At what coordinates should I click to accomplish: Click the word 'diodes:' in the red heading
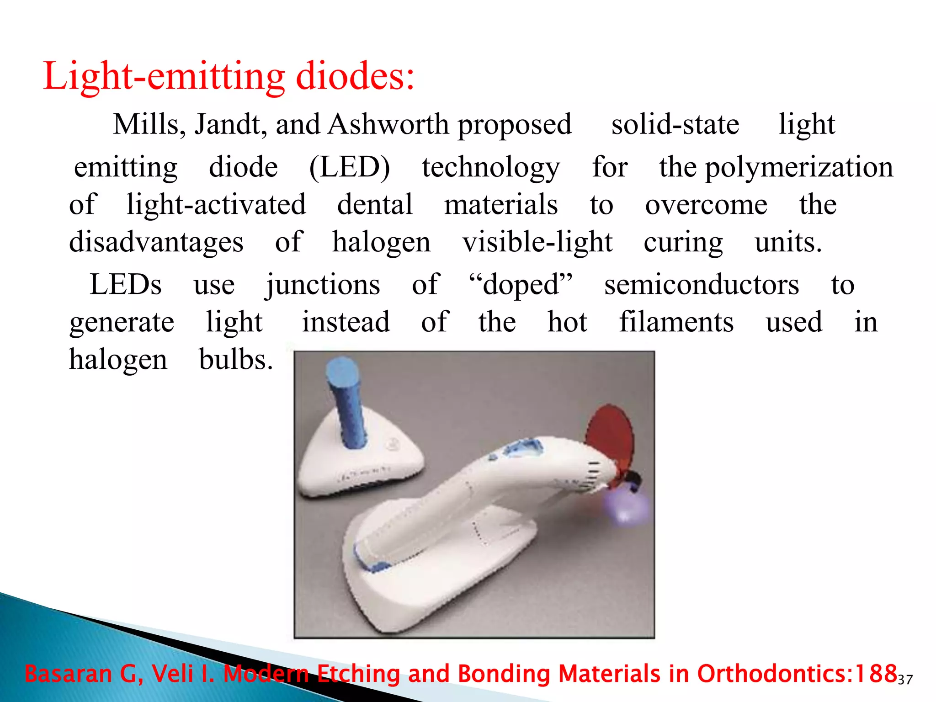coord(355,76)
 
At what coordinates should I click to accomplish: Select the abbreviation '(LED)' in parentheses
coord(350,167)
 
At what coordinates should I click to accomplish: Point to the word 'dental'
coord(375,204)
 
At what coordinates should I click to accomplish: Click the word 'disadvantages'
coord(156,242)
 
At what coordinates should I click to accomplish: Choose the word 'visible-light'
coord(537,242)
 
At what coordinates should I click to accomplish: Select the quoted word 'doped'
coord(521,285)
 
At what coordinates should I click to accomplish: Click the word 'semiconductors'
coord(702,285)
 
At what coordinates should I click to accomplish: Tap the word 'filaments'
coord(676,322)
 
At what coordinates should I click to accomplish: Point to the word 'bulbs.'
coord(236,360)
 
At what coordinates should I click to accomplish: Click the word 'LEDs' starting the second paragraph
coord(126,285)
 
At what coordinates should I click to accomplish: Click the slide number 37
coord(905,680)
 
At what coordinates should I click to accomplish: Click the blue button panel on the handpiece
coord(521,450)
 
